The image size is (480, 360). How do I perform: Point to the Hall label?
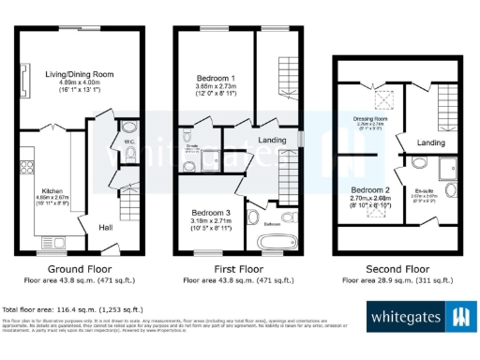(x=107, y=224)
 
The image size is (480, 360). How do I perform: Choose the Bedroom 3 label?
(x=211, y=212)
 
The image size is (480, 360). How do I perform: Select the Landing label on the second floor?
(x=430, y=142)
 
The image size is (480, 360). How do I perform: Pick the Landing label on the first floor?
(x=271, y=141)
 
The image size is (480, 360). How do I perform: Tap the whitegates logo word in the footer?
(x=405, y=317)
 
